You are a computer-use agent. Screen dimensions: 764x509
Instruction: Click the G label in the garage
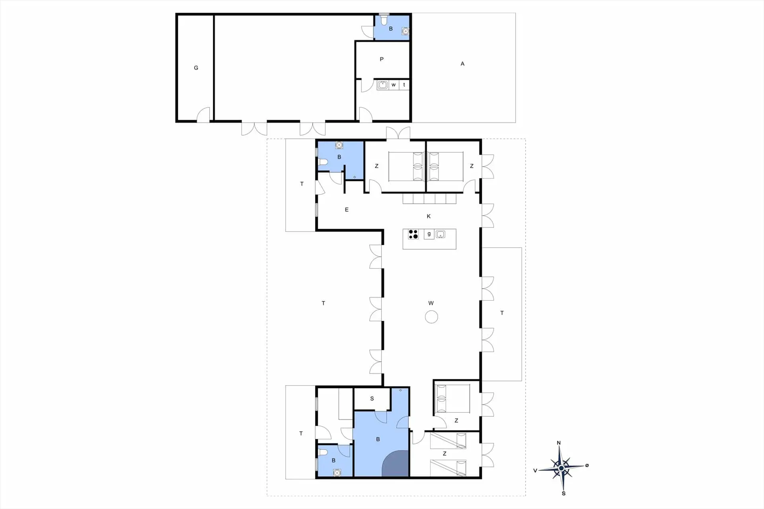coord(196,68)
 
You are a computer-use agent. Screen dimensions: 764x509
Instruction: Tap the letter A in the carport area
coord(462,64)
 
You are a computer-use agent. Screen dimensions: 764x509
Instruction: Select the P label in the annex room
coord(382,59)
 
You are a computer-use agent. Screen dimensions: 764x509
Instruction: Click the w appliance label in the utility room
coord(394,85)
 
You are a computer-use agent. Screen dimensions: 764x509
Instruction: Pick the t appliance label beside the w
coord(404,85)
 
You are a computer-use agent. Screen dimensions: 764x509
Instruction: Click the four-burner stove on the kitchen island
coord(413,234)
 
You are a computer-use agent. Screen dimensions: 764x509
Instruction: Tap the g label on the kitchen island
coord(429,234)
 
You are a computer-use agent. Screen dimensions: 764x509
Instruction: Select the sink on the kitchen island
coord(440,234)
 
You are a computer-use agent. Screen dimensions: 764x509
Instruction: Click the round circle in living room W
coord(431,317)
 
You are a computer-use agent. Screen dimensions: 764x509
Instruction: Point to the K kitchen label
coord(429,216)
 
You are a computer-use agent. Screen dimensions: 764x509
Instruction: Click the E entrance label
coord(347,210)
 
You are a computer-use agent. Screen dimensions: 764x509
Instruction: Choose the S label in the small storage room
coord(372,398)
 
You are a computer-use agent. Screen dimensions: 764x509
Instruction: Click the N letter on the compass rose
coord(559,443)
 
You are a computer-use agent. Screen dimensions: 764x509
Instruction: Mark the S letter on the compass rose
coord(563,493)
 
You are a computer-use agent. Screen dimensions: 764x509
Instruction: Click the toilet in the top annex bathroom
coord(384,19)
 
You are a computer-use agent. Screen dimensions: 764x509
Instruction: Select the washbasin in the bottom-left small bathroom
coord(337,472)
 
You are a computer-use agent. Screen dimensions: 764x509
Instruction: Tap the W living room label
coord(431,303)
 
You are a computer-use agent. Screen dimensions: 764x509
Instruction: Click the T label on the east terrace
coord(502,313)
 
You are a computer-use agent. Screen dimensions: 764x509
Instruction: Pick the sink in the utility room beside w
coord(383,85)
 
